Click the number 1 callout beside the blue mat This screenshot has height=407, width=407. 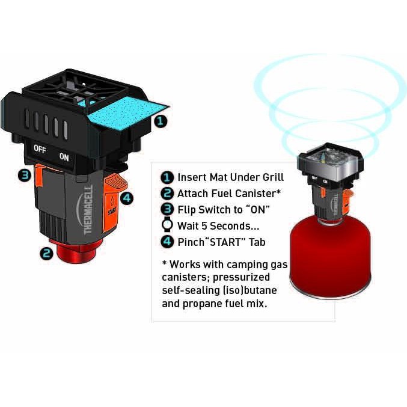coord(161,121)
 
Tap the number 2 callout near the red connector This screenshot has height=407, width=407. coord(46,253)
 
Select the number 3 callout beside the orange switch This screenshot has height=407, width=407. coord(25,176)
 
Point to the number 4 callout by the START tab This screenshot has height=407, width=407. coord(127,198)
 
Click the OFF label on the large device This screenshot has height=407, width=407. coord(40,149)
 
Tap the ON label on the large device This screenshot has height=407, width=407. coord(64,157)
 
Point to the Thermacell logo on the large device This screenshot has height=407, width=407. coord(86,210)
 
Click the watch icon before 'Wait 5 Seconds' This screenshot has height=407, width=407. coord(167,224)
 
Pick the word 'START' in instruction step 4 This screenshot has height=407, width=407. coord(226,242)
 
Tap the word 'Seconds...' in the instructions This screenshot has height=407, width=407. coord(234,226)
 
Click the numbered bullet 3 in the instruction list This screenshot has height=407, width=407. coord(167,209)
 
